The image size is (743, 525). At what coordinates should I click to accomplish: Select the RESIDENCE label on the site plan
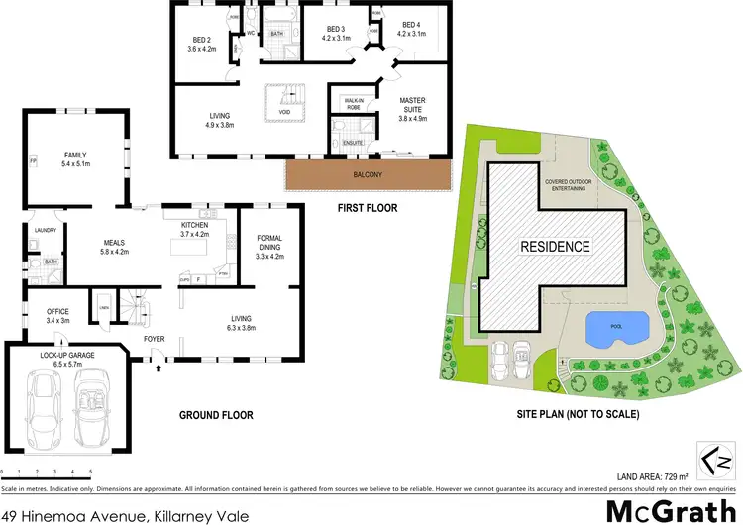click(556, 247)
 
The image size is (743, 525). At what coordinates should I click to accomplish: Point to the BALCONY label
click(368, 176)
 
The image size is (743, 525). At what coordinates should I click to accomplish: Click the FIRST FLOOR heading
click(366, 208)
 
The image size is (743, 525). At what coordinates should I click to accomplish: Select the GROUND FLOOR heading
click(218, 415)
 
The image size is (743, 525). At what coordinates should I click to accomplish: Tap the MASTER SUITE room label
click(412, 106)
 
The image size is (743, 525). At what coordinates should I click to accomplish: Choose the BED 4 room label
click(412, 29)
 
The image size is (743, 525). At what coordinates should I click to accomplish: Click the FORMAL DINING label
click(269, 244)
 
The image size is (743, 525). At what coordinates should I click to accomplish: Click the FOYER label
click(154, 338)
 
